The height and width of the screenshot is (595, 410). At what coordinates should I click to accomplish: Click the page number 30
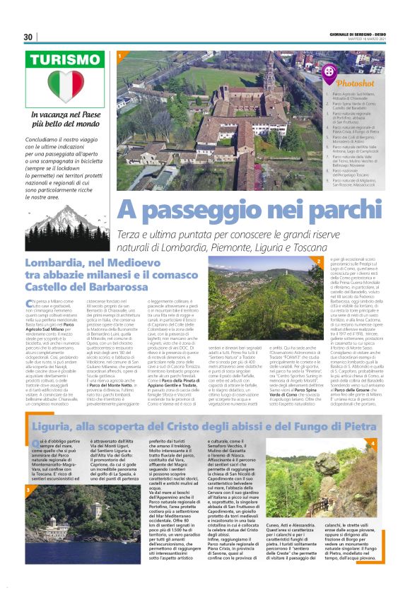pos(28,37)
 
